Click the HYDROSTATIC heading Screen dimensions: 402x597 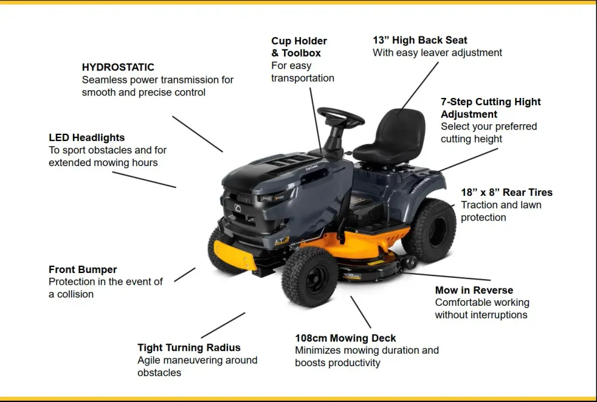coord(118,67)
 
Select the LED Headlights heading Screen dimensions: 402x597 coord(87,138)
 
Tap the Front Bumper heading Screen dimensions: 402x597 coord(83,270)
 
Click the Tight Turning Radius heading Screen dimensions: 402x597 coord(189,348)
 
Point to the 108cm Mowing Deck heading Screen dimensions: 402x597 coord(345,338)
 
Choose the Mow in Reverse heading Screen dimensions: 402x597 coord(474,290)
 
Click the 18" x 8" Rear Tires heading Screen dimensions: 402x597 coord(506,192)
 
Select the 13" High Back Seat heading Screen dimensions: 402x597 coord(420,40)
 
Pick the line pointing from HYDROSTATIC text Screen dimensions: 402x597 coord(198,134)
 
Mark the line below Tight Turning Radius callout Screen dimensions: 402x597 coord(223,325)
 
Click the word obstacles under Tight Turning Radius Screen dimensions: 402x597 coord(159,373)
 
